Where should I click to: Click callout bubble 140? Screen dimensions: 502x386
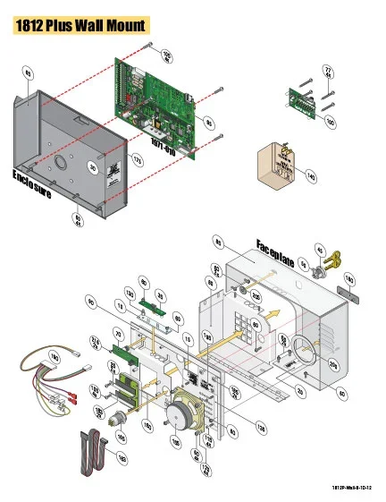coord(310,178)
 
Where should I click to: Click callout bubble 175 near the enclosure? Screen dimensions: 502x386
coord(138,159)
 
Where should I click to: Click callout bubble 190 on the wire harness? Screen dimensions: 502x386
coord(53,357)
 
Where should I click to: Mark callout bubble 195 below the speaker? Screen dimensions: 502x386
coord(174,442)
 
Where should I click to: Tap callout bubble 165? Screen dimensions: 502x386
coord(122,435)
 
